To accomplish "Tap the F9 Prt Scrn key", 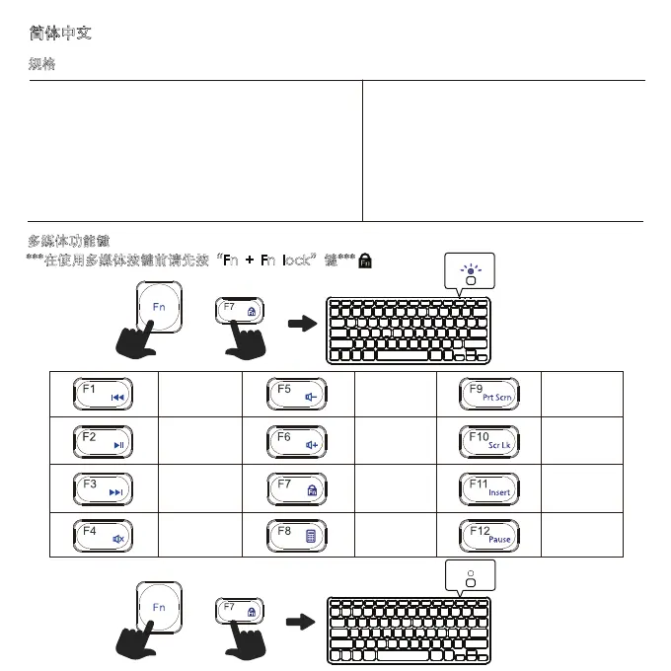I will (488, 394).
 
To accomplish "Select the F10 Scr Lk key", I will (488, 440).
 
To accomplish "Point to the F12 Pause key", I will (488, 535).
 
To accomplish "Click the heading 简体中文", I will (61, 34).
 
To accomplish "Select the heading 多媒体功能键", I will (69, 240).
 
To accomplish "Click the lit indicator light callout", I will (471, 271).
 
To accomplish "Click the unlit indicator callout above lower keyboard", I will (471, 580).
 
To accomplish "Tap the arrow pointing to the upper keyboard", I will (297, 323).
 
